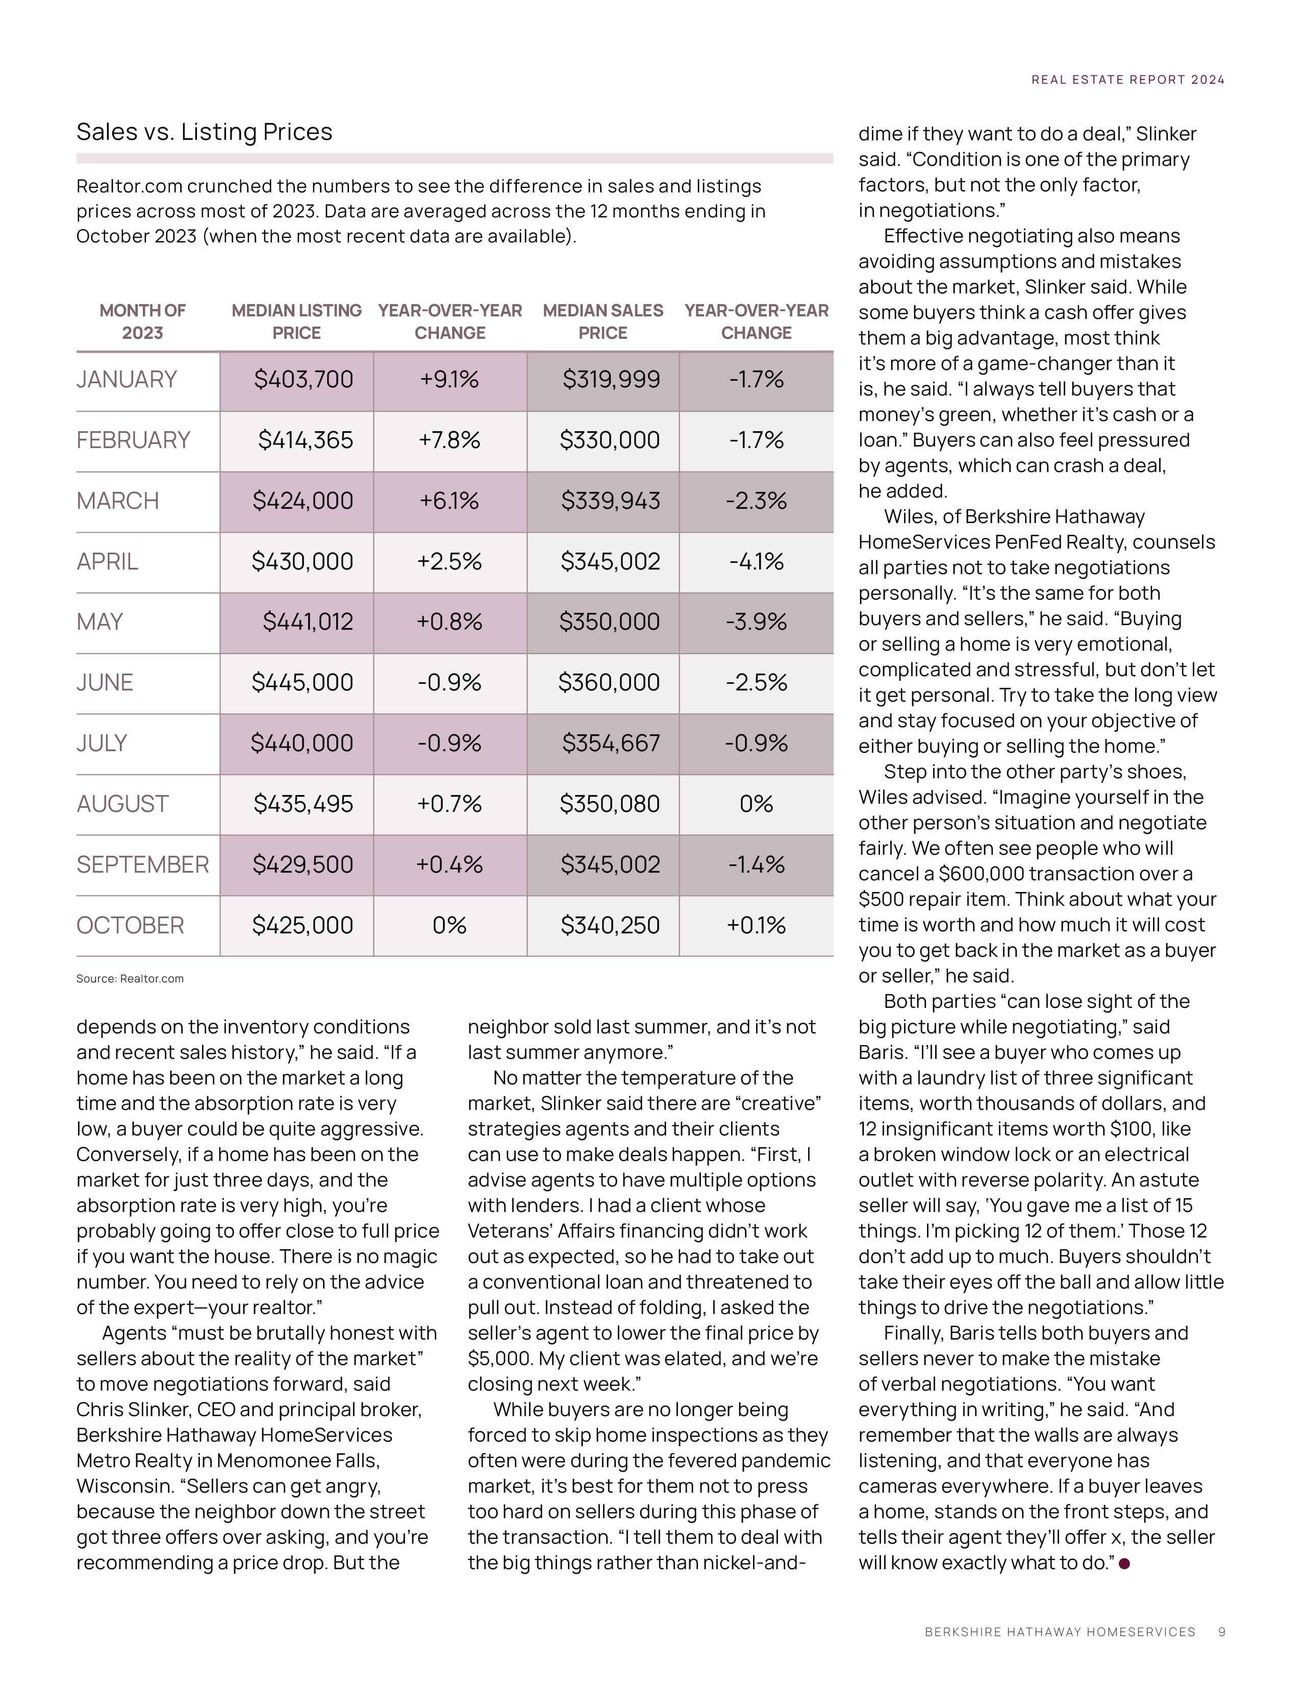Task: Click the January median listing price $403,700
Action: tap(304, 379)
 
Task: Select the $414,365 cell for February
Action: tap(305, 440)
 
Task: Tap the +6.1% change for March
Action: tap(449, 501)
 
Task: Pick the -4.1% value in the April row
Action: tap(756, 561)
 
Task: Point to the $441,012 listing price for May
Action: tap(308, 622)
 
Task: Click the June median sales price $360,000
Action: tap(609, 682)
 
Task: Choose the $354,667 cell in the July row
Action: tap(610, 744)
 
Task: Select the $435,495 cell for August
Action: tap(303, 804)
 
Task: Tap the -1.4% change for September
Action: tap(756, 864)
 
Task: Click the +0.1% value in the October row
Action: tap(756, 925)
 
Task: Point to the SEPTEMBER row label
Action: tap(142, 864)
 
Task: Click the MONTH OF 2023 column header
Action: tap(142, 321)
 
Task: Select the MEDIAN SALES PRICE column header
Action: tap(603, 321)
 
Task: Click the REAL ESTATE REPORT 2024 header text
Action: tap(1128, 80)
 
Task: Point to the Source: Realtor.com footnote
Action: tap(130, 978)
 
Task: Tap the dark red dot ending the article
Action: tap(1124, 1563)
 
